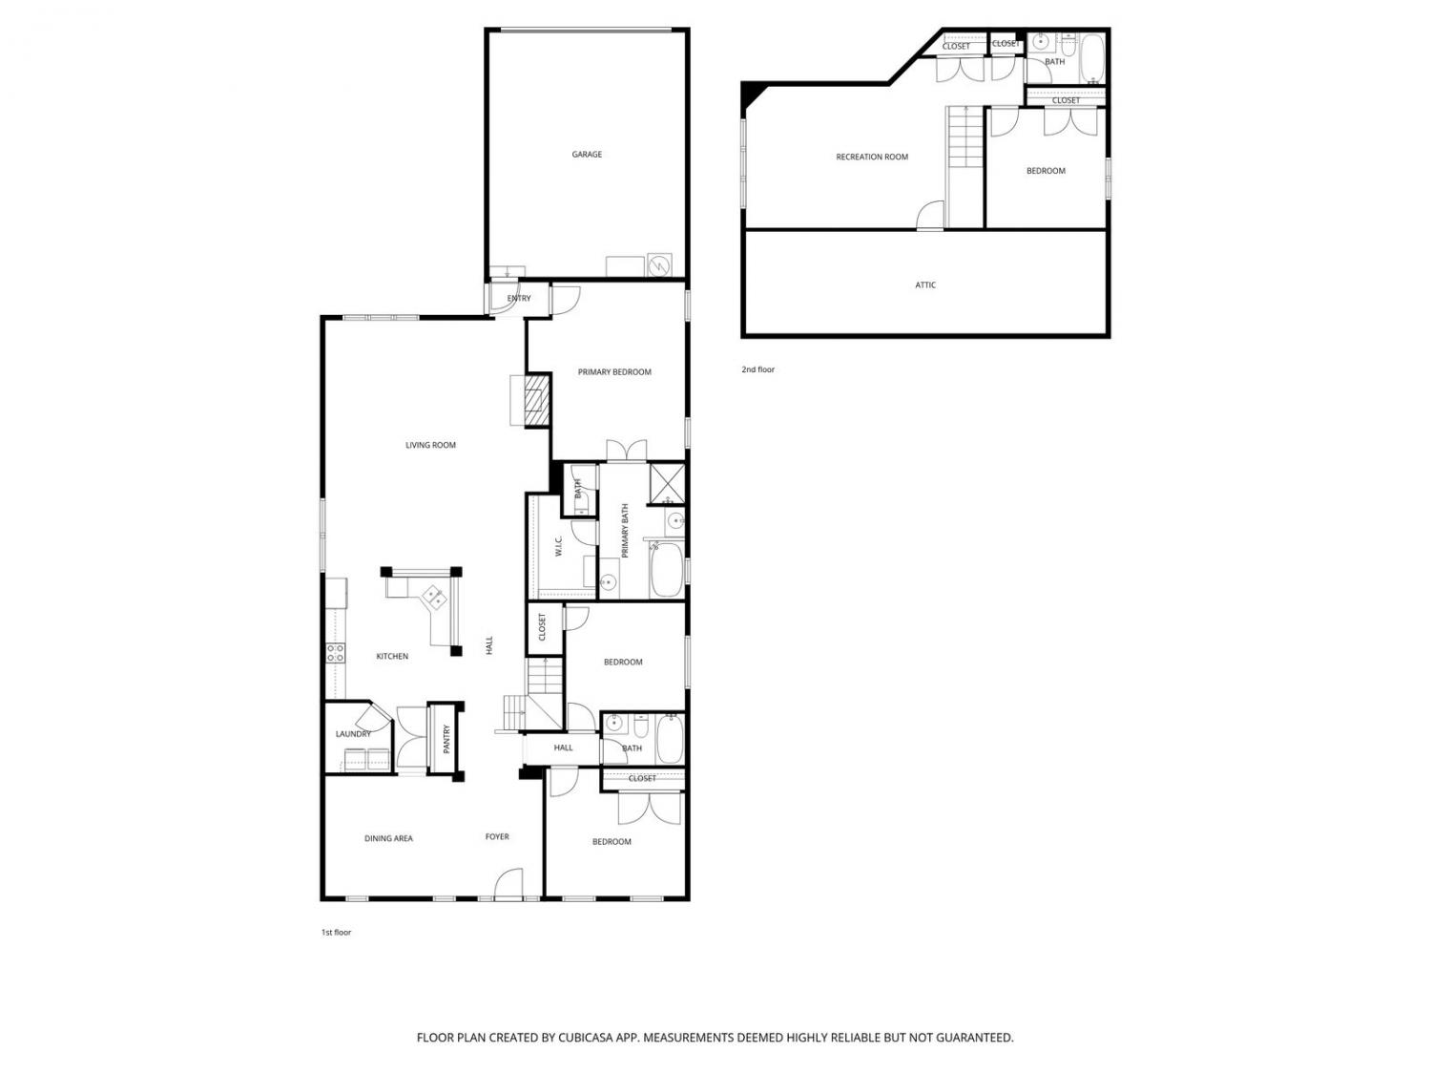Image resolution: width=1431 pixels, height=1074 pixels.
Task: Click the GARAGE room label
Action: pyautogui.click(x=587, y=155)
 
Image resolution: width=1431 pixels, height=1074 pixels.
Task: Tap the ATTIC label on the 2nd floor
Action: pyautogui.click(x=925, y=284)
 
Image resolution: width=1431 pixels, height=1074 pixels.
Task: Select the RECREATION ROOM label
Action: pyautogui.click(x=872, y=158)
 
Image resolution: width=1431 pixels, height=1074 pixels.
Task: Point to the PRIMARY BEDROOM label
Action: pyautogui.click(x=614, y=372)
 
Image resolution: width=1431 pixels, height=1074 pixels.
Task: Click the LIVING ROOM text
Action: pyautogui.click(x=430, y=446)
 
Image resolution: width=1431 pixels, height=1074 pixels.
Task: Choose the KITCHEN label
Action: pyautogui.click(x=392, y=657)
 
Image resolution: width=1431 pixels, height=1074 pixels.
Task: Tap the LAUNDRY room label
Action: pyautogui.click(x=353, y=734)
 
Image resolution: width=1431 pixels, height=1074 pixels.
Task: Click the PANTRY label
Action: pyautogui.click(x=446, y=740)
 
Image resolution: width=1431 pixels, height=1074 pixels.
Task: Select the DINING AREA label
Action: pyautogui.click(x=388, y=838)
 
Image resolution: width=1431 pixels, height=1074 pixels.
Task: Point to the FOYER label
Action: pyautogui.click(x=497, y=836)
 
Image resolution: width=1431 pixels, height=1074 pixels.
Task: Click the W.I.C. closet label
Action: pyautogui.click(x=559, y=546)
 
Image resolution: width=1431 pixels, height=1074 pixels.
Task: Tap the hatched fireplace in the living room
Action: pyautogui.click(x=537, y=400)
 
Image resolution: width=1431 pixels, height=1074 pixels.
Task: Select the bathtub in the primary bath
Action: pyautogui.click(x=666, y=570)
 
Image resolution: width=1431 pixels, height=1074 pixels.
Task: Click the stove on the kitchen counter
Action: pyautogui.click(x=335, y=653)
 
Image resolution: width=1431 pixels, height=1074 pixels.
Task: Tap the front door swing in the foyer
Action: pyautogui.click(x=508, y=884)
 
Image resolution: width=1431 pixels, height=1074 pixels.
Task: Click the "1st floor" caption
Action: pyautogui.click(x=337, y=933)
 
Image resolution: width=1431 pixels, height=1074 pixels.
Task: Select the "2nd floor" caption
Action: pyautogui.click(x=757, y=369)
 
